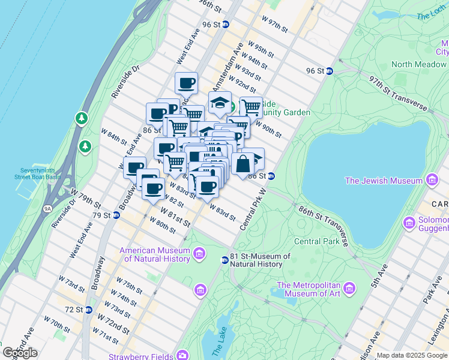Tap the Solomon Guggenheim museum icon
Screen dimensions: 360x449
click(409, 224)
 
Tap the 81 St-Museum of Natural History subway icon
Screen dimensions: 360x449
click(225, 260)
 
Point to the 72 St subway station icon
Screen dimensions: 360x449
click(89, 310)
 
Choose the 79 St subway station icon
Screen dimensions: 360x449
click(116, 215)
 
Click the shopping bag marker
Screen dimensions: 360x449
click(243, 163)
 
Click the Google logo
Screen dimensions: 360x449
click(20, 353)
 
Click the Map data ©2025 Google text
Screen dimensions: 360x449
click(412, 355)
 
